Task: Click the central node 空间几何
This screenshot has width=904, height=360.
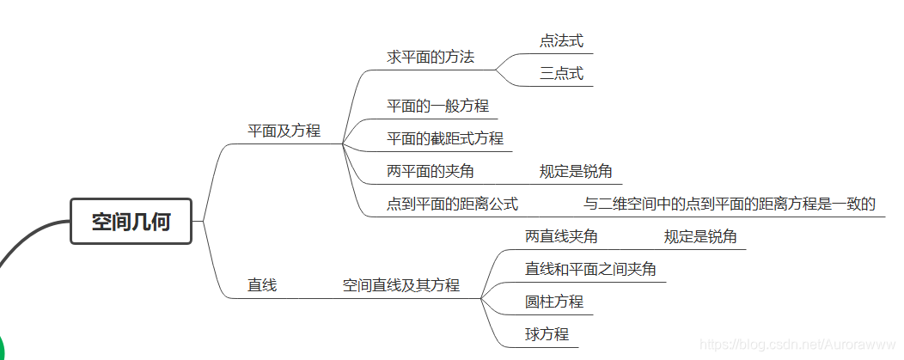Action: [131, 222]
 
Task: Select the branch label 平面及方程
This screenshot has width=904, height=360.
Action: [284, 131]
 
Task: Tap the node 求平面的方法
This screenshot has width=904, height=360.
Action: [430, 58]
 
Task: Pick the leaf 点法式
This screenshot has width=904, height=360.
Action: [562, 40]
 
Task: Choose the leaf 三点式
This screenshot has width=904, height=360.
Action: [562, 74]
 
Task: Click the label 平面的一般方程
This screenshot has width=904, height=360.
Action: [437, 106]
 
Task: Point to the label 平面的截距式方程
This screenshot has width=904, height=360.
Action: [445, 138]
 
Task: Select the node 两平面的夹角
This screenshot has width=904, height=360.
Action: [430, 171]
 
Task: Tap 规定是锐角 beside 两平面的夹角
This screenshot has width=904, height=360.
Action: [576, 171]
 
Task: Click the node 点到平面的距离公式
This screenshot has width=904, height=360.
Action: [452, 204]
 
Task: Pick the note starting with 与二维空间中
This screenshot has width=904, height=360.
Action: [729, 204]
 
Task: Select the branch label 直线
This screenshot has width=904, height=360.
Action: [262, 285]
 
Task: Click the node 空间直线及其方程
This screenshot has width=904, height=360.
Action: [400, 285]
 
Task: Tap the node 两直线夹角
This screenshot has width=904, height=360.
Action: [561, 236]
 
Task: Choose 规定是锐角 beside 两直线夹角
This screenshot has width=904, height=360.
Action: [700, 236]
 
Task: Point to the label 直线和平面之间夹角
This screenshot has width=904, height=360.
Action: [590, 269]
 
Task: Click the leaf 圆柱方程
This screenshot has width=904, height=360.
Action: [554, 302]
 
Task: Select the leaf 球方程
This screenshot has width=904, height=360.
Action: [547, 334]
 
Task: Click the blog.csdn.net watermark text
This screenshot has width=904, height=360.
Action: [799, 344]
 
